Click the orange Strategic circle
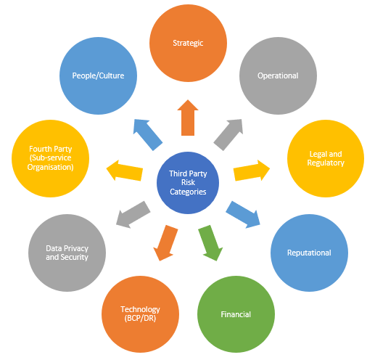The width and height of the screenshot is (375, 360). [x=188, y=43]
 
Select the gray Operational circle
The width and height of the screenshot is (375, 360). [x=278, y=75]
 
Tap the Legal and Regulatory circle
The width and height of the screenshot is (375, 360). [x=326, y=158]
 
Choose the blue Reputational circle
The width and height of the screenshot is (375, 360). [x=309, y=253]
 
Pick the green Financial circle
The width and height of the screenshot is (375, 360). [x=236, y=314]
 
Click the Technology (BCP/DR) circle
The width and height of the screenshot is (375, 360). [x=140, y=314]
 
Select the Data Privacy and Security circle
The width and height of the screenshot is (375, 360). [x=67, y=253]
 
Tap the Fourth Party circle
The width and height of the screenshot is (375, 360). [x=50, y=158]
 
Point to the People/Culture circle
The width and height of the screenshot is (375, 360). [x=98, y=75]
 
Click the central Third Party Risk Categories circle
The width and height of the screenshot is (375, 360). [x=188, y=183]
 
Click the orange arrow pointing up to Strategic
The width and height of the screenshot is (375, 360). [x=188, y=118]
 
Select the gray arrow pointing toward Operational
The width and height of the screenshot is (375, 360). [x=228, y=134]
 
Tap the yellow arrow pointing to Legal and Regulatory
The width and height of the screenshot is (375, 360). [x=252, y=171]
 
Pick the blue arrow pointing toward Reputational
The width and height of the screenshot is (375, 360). [x=243, y=214]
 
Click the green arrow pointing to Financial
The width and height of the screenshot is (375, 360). [x=210, y=243]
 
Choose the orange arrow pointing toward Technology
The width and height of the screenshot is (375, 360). [x=165, y=243]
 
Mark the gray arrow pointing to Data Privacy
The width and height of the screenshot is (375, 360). [x=133, y=214]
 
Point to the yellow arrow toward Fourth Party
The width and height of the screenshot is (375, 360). [x=125, y=171]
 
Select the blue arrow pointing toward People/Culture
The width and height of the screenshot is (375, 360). [x=148, y=134]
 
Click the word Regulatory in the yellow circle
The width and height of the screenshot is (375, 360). [x=326, y=163]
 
